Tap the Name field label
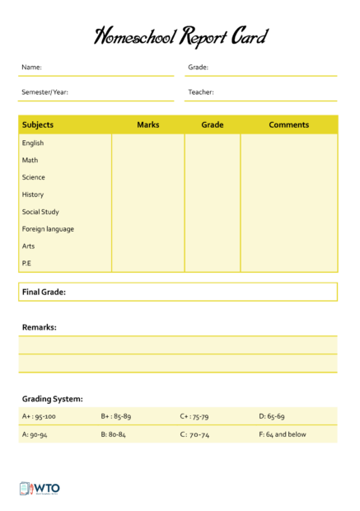pos(31,68)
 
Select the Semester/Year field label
pos(44,92)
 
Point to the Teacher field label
pos(200,92)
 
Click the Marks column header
pos(148,125)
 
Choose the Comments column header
pos(288,125)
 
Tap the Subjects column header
pos(38,125)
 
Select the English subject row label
pos(33,143)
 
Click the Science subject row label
pos(34,177)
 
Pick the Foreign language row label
pos(48,229)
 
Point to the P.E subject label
pos(27,264)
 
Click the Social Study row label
pos(40,212)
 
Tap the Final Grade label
pos(44,292)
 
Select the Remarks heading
pos(39,327)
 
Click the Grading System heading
pos(52,399)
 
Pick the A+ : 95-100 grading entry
pos(39,416)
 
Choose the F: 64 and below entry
pos(283,434)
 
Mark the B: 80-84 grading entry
pos(113,434)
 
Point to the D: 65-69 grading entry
pos(272,416)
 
